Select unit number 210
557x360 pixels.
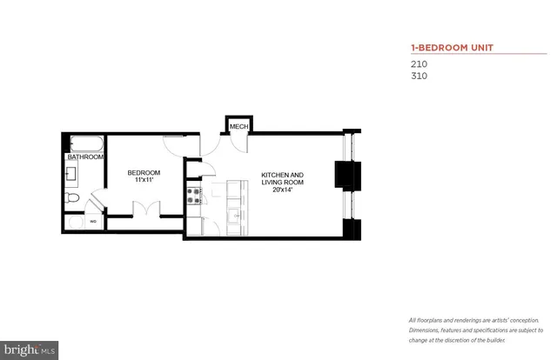tap(419, 63)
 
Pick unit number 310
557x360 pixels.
tap(419, 76)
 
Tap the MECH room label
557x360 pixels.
tap(238, 127)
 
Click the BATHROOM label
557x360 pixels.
tap(84, 157)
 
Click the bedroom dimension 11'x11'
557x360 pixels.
tap(144, 180)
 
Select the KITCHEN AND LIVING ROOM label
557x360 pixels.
tap(283, 179)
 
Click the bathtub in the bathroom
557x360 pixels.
tap(86, 144)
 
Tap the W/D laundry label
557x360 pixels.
tap(93, 222)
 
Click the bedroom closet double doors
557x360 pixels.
tap(144, 209)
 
